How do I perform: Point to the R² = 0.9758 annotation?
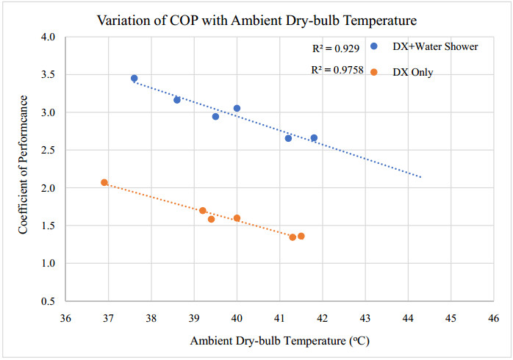point(336,71)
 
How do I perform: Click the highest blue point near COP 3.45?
point(134,78)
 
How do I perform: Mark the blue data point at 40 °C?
point(237,108)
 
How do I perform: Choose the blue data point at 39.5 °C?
point(215,116)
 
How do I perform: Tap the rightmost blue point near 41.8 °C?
point(314,137)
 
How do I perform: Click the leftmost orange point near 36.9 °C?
point(104,182)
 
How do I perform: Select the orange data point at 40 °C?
point(237,217)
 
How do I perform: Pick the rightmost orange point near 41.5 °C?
point(301,236)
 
